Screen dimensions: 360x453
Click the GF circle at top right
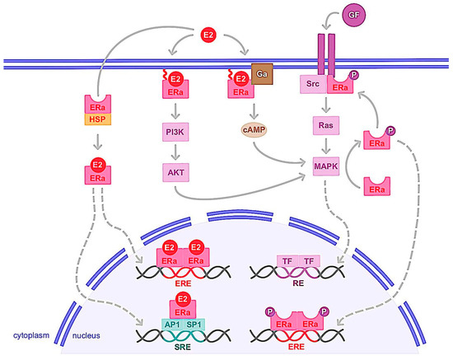[356, 15]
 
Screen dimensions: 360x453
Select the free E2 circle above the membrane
[209, 35]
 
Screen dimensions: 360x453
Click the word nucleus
[88, 336]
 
